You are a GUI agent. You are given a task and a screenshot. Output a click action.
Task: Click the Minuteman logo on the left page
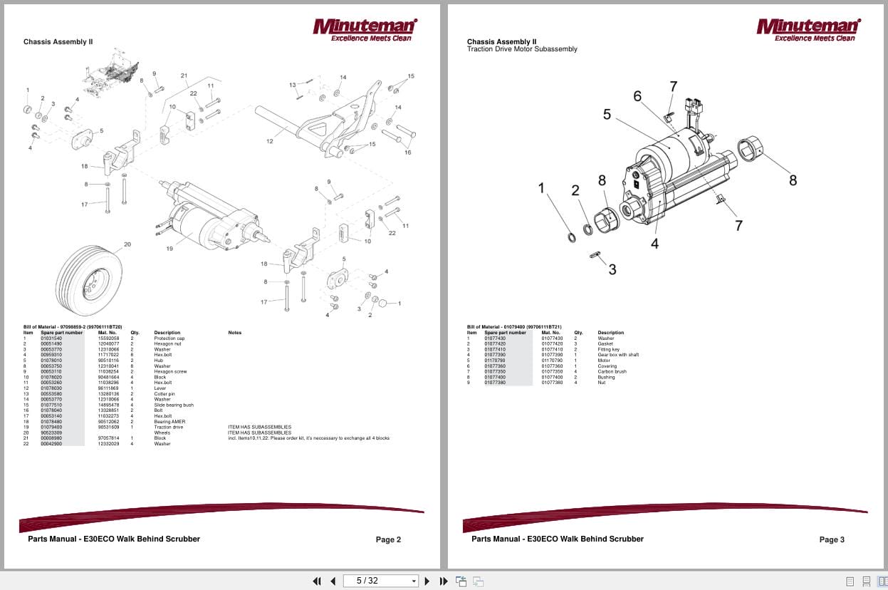click(365, 30)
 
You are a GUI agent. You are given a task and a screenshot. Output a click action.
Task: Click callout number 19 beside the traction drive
click(169, 249)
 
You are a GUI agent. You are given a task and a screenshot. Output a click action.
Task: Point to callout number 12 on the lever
click(269, 142)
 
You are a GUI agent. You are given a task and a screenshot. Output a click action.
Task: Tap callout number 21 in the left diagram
click(184, 76)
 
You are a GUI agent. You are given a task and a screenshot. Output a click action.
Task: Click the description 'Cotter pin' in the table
click(164, 393)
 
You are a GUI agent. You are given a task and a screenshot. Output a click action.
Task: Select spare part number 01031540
click(52, 338)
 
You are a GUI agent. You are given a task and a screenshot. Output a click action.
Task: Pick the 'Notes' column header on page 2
click(235, 333)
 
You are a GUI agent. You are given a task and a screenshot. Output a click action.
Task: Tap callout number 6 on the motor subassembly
click(637, 96)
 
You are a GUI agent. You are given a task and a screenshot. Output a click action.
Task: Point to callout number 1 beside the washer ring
click(541, 188)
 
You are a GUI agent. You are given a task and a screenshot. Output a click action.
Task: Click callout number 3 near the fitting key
click(612, 269)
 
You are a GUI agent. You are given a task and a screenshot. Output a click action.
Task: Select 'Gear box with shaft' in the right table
click(617, 355)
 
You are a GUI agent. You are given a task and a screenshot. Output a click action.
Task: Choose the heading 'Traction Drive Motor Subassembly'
click(522, 49)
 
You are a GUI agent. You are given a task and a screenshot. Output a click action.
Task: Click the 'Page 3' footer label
click(831, 539)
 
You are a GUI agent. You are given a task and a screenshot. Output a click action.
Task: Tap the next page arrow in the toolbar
click(427, 581)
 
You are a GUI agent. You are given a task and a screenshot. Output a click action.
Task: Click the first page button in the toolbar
click(317, 581)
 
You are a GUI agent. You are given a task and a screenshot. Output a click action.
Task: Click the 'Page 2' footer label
click(388, 539)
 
